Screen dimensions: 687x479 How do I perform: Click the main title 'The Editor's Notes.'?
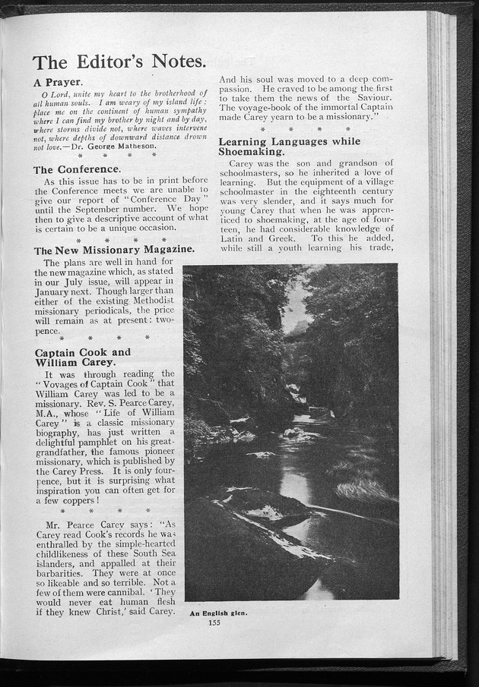[119, 61]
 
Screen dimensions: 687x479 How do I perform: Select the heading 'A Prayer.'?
[58, 81]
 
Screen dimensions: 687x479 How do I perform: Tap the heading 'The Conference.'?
[77, 169]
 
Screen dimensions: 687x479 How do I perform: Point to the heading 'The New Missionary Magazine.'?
[114, 250]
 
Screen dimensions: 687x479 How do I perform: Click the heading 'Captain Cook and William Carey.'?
[83, 357]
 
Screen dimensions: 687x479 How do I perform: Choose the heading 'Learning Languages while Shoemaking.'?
[289, 147]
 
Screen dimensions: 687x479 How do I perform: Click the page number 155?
[214, 622]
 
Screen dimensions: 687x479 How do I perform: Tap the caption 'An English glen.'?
[218, 613]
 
